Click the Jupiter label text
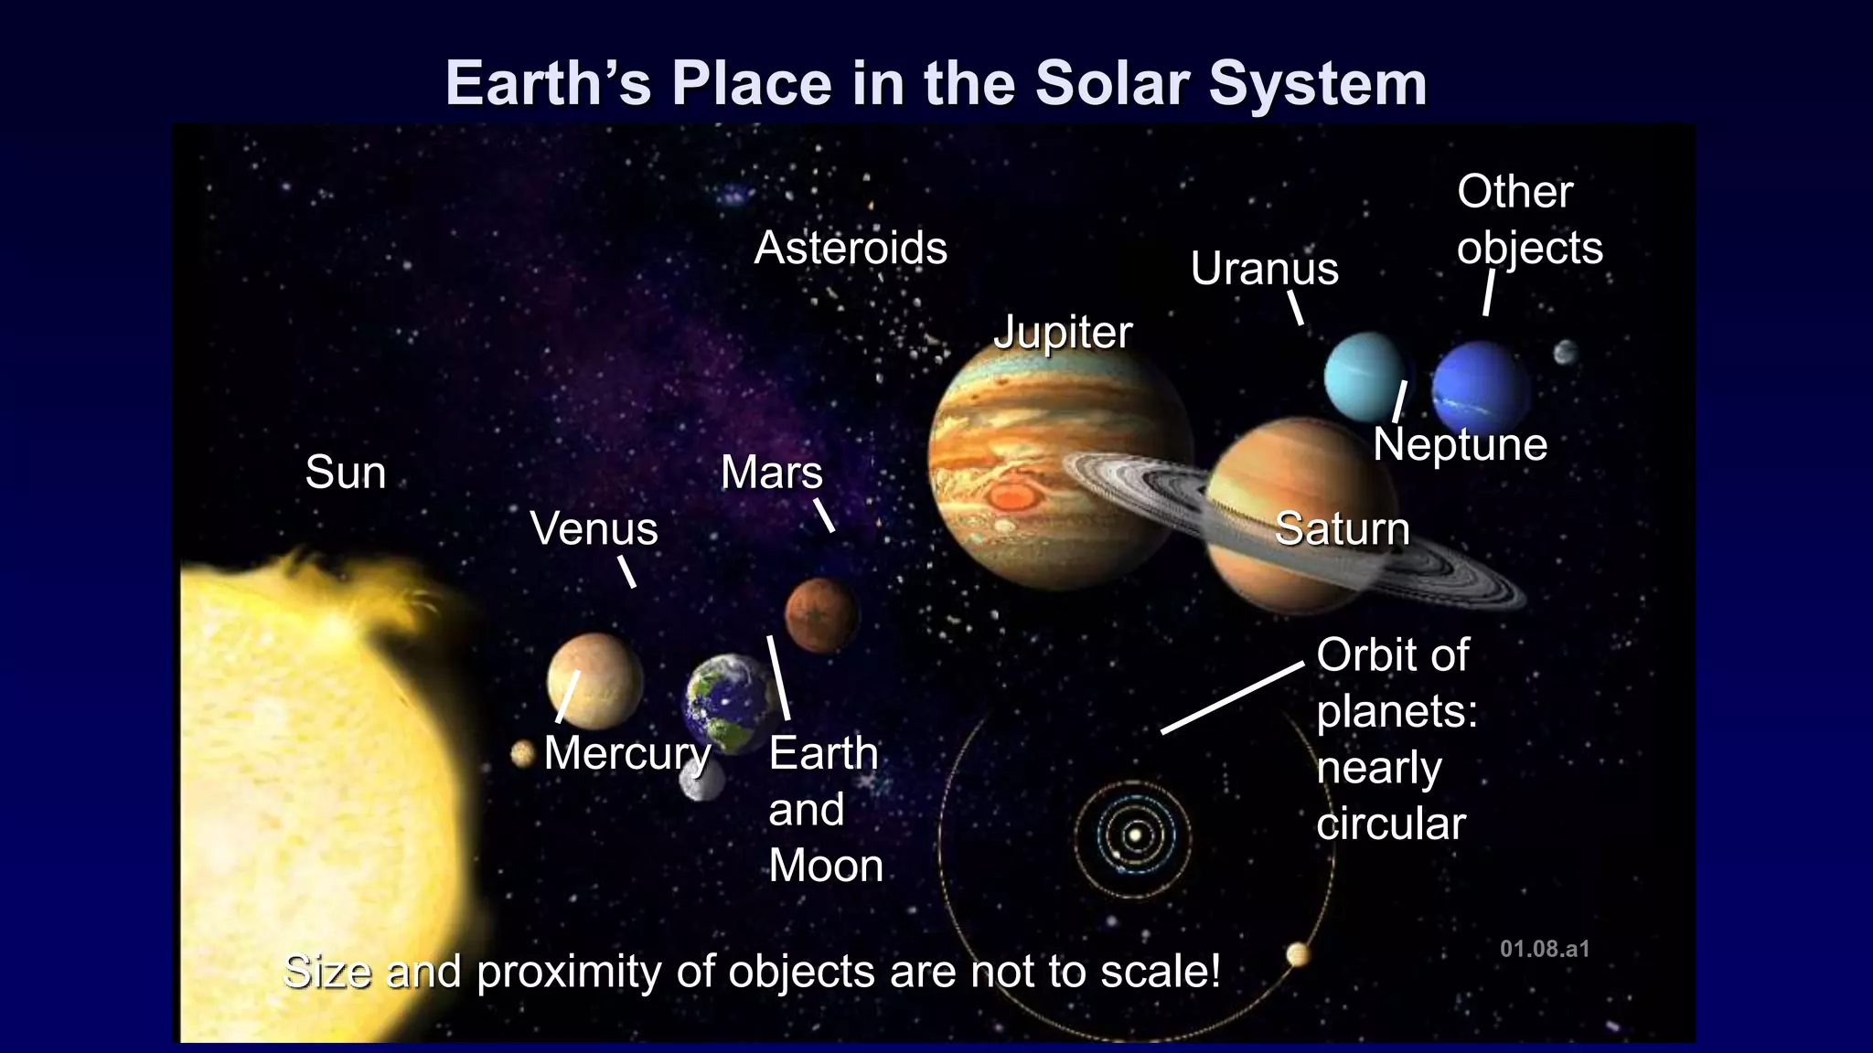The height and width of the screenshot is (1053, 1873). pyautogui.click(x=1063, y=332)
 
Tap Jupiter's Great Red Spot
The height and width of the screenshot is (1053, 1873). pyautogui.click(x=1011, y=497)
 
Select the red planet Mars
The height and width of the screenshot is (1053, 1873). pyautogui.click(x=821, y=615)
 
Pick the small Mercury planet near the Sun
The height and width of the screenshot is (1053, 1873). pyautogui.click(x=522, y=754)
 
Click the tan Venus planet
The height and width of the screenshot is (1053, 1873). pyautogui.click(x=595, y=681)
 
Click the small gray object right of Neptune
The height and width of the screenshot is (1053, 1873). pyautogui.click(x=1566, y=352)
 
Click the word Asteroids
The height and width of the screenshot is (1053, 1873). pyautogui.click(x=851, y=249)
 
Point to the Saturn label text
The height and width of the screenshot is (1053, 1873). pyautogui.click(x=1342, y=529)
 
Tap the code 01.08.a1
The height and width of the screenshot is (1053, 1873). pyautogui.click(x=1544, y=949)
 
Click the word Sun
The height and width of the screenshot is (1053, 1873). pyautogui.click(x=345, y=473)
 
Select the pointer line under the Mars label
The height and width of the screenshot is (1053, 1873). pyautogui.click(x=824, y=515)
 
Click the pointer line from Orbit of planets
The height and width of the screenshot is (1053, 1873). pyautogui.click(x=1232, y=697)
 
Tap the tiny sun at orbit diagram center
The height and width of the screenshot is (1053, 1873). pyautogui.click(x=1135, y=834)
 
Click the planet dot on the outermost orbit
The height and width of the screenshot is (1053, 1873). pyautogui.click(x=1297, y=955)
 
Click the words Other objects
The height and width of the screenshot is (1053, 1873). pyautogui.click(x=1528, y=219)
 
